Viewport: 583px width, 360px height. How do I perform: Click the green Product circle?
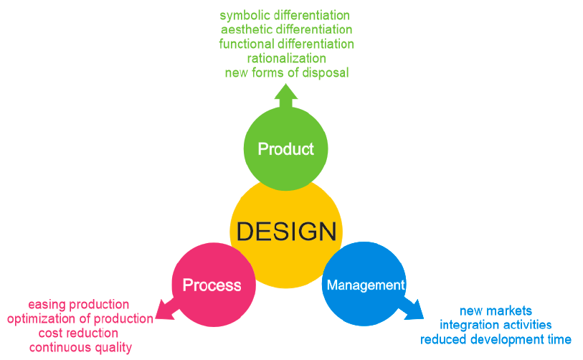click(x=285, y=148)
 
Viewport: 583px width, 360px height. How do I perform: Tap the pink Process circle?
click(x=214, y=285)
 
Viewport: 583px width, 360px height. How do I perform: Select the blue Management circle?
click(x=364, y=284)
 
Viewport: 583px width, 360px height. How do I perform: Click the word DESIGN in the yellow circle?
click(x=286, y=232)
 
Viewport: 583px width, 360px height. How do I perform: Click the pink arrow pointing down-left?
click(x=166, y=309)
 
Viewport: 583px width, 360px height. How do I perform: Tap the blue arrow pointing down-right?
click(x=412, y=308)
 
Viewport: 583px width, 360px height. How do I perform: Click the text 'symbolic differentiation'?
click(x=285, y=15)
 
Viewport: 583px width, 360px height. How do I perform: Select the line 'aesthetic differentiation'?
click(x=286, y=29)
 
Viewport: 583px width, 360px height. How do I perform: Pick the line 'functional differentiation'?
click(x=286, y=44)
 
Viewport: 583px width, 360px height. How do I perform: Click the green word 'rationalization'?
click(x=287, y=58)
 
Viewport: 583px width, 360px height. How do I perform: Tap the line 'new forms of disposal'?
click(x=287, y=72)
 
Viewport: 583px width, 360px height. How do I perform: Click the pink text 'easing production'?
click(x=78, y=304)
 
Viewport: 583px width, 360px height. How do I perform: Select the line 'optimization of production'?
click(x=80, y=318)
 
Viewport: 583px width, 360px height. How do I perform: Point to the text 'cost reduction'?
click(x=78, y=333)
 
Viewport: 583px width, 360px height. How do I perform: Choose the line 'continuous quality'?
click(x=80, y=347)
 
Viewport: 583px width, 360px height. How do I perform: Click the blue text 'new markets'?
click(x=496, y=311)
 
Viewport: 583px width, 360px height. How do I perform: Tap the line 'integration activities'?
click(x=496, y=325)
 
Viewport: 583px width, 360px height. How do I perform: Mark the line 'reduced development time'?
click(x=496, y=339)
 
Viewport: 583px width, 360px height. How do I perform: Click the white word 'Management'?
click(x=366, y=285)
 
